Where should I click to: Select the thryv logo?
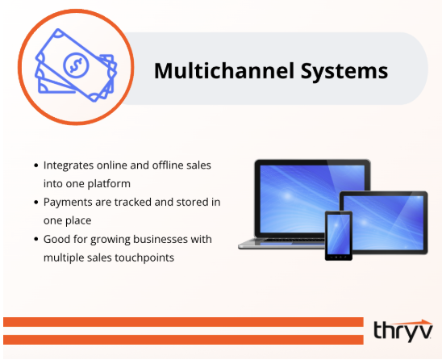pos(403,330)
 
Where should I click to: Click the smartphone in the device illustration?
pos(336,235)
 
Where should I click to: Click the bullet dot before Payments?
pos(36,202)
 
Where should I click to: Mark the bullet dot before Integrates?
pos(36,165)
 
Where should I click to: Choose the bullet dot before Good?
pos(36,239)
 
